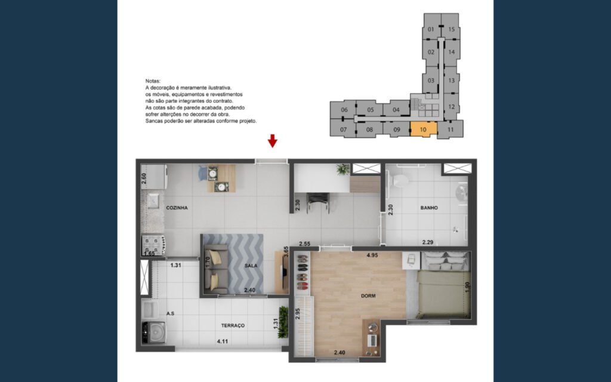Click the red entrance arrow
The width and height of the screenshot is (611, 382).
pyautogui.click(x=272, y=141)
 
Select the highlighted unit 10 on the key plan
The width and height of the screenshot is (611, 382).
pyautogui.click(x=424, y=129)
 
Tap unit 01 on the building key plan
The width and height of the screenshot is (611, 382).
pyautogui.click(x=431, y=29)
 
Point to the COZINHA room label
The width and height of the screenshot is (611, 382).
pyautogui.click(x=177, y=208)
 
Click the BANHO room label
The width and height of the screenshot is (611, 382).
pyautogui.click(x=429, y=208)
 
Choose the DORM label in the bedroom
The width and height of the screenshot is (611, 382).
pyautogui.click(x=368, y=296)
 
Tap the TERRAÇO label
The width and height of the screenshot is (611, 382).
pyautogui.click(x=233, y=325)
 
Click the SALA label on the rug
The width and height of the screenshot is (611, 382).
pyautogui.click(x=251, y=266)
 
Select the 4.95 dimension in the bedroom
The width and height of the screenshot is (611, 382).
pyautogui.click(x=372, y=255)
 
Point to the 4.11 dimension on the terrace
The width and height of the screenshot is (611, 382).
pyautogui.click(x=223, y=341)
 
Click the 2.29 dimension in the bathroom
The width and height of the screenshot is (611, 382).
pyautogui.click(x=428, y=242)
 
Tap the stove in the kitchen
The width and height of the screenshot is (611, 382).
pyautogui.click(x=153, y=245)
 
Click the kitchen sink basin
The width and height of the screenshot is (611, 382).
pyautogui.click(x=152, y=201)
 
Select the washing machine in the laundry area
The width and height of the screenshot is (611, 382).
pyautogui.click(x=153, y=332)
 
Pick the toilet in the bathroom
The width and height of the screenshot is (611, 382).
pyautogui.click(x=400, y=180)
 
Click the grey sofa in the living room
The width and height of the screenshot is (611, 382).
pyautogui.click(x=215, y=269)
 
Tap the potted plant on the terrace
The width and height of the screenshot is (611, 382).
pyautogui.click(x=283, y=322)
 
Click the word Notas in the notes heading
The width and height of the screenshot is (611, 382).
pyautogui.click(x=153, y=81)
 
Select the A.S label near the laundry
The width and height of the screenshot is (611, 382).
pyautogui.click(x=170, y=313)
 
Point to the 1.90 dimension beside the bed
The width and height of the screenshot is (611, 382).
pyautogui.click(x=468, y=287)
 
